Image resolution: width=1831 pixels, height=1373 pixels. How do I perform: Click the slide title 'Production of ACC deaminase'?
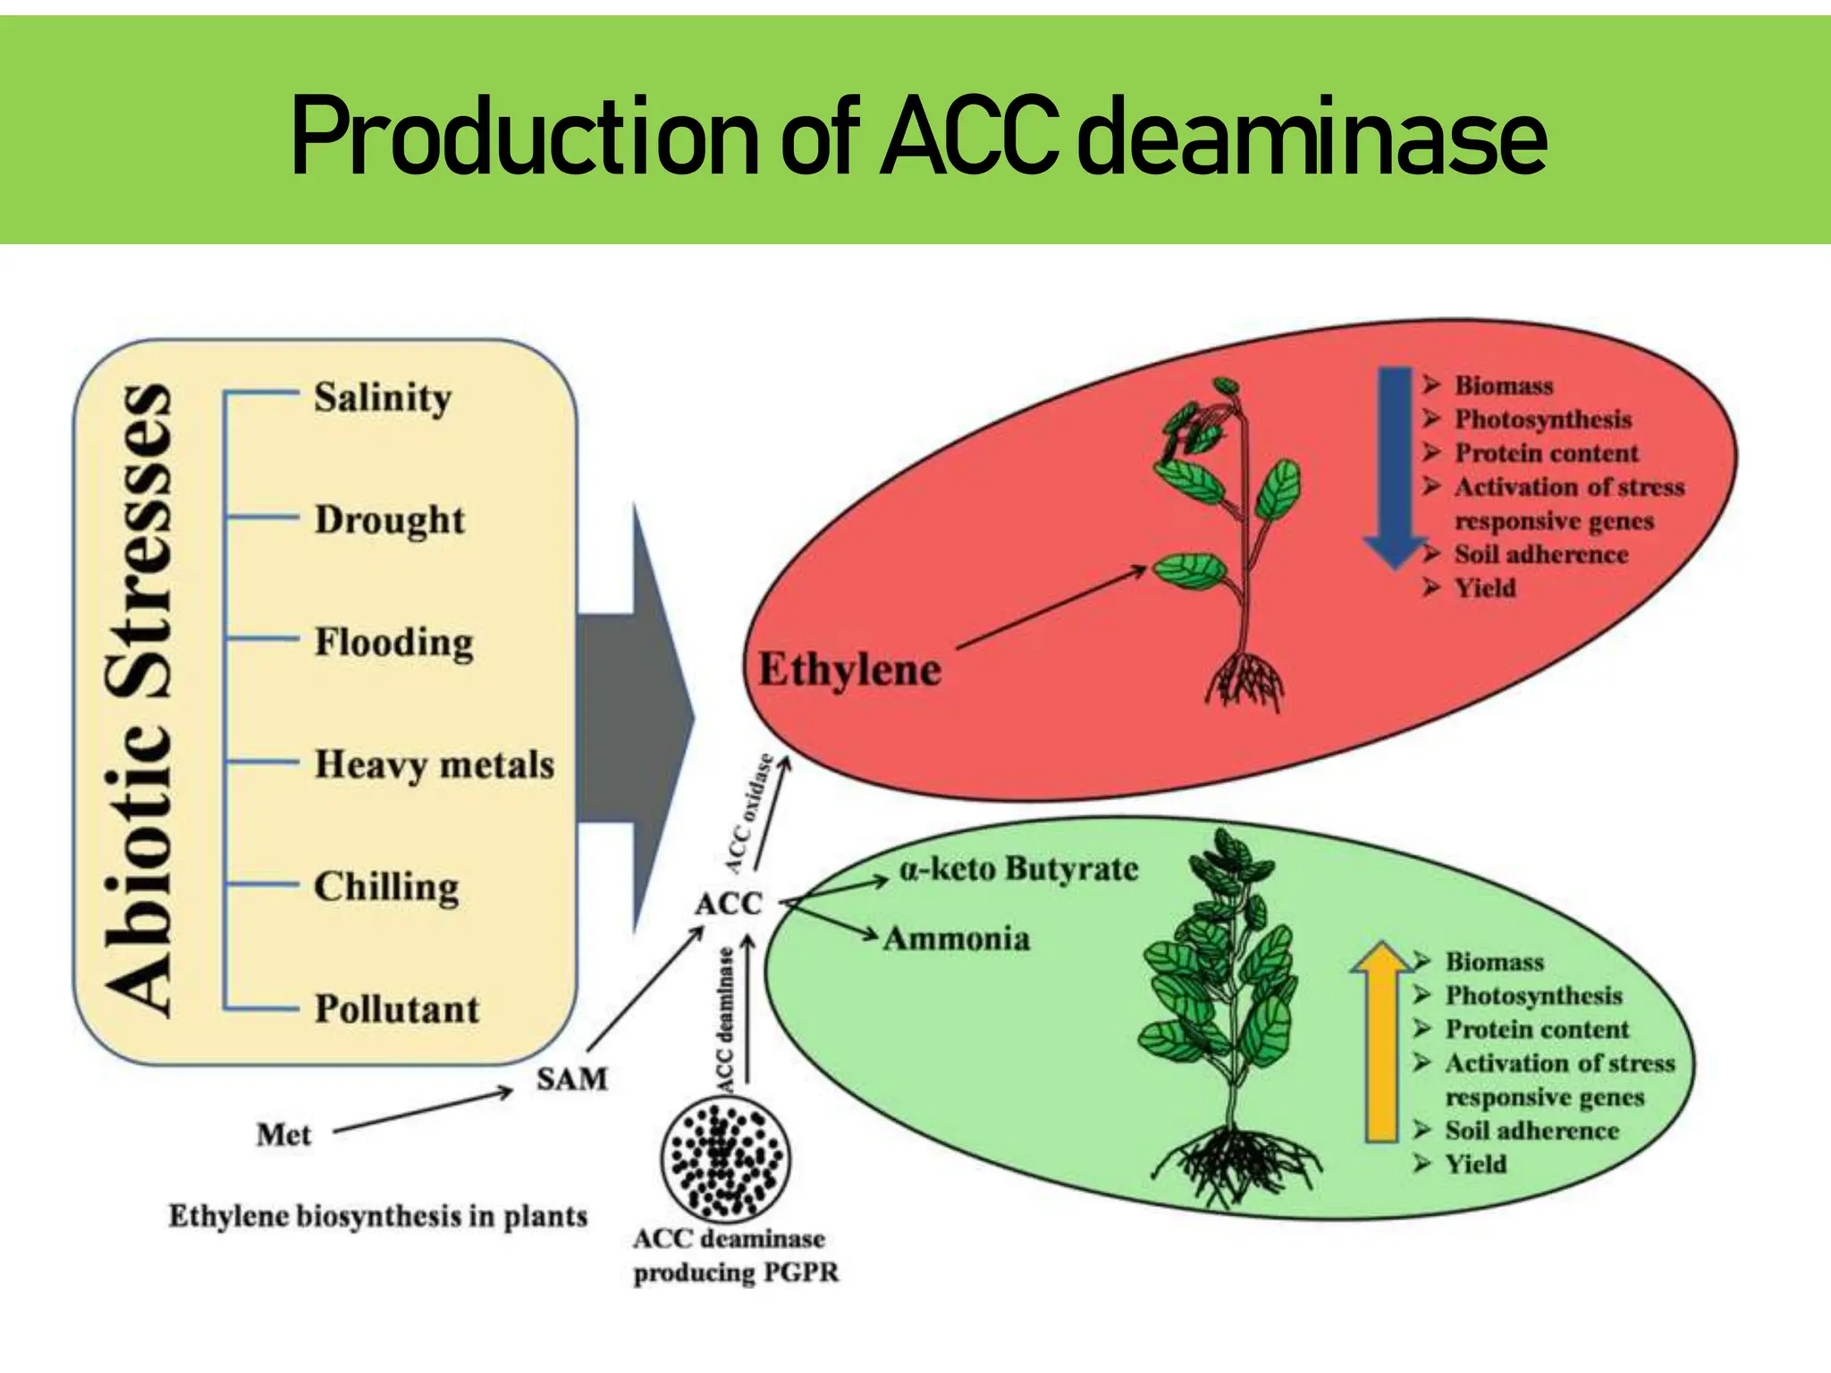(x=918, y=136)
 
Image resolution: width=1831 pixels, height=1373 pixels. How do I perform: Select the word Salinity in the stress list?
(x=383, y=398)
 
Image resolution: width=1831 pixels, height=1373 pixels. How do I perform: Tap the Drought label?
(x=389, y=520)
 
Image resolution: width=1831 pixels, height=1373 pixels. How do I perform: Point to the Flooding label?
(x=393, y=643)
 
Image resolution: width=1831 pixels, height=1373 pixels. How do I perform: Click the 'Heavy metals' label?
(x=435, y=765)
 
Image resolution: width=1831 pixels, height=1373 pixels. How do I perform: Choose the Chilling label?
(x=386, y=887)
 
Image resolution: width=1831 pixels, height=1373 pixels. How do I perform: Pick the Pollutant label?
(x=397, y=1009)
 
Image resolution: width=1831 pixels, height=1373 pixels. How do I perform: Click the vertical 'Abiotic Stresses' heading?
(x=139, y=702)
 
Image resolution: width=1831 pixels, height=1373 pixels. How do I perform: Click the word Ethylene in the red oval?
(x=849, y=670)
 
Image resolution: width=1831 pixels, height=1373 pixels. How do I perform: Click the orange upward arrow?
(x=1382, y=1041)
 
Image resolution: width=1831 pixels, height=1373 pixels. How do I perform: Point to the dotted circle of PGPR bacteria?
(x=725, y=1159)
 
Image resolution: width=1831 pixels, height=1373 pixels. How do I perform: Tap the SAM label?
(x=571, y=1079)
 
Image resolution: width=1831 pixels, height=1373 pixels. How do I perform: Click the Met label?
(x=283, y=1135)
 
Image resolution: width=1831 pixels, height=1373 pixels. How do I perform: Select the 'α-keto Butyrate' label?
(x=1018, y=869)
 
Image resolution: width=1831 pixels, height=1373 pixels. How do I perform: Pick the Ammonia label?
(x=957, y=939)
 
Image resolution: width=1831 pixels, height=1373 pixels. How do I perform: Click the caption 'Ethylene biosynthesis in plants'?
(x=378, y=1217)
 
